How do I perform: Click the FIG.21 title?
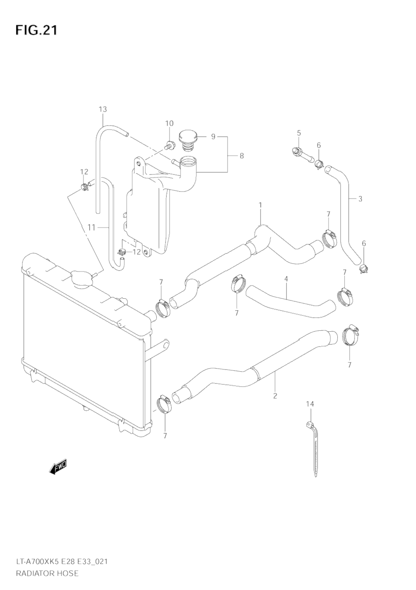36,30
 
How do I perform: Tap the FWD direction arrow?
58,467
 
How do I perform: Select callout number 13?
102,109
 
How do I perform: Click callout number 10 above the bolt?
169,123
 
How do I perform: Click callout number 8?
241,155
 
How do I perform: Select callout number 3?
360,199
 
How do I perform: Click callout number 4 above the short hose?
286,279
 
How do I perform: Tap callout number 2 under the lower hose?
275,395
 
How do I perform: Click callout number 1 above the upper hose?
260,205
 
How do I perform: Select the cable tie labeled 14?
314,448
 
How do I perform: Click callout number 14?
310,403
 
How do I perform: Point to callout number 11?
91,227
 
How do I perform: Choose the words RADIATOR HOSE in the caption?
47,573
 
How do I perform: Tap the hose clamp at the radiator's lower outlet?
164,404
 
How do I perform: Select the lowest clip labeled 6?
363,268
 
